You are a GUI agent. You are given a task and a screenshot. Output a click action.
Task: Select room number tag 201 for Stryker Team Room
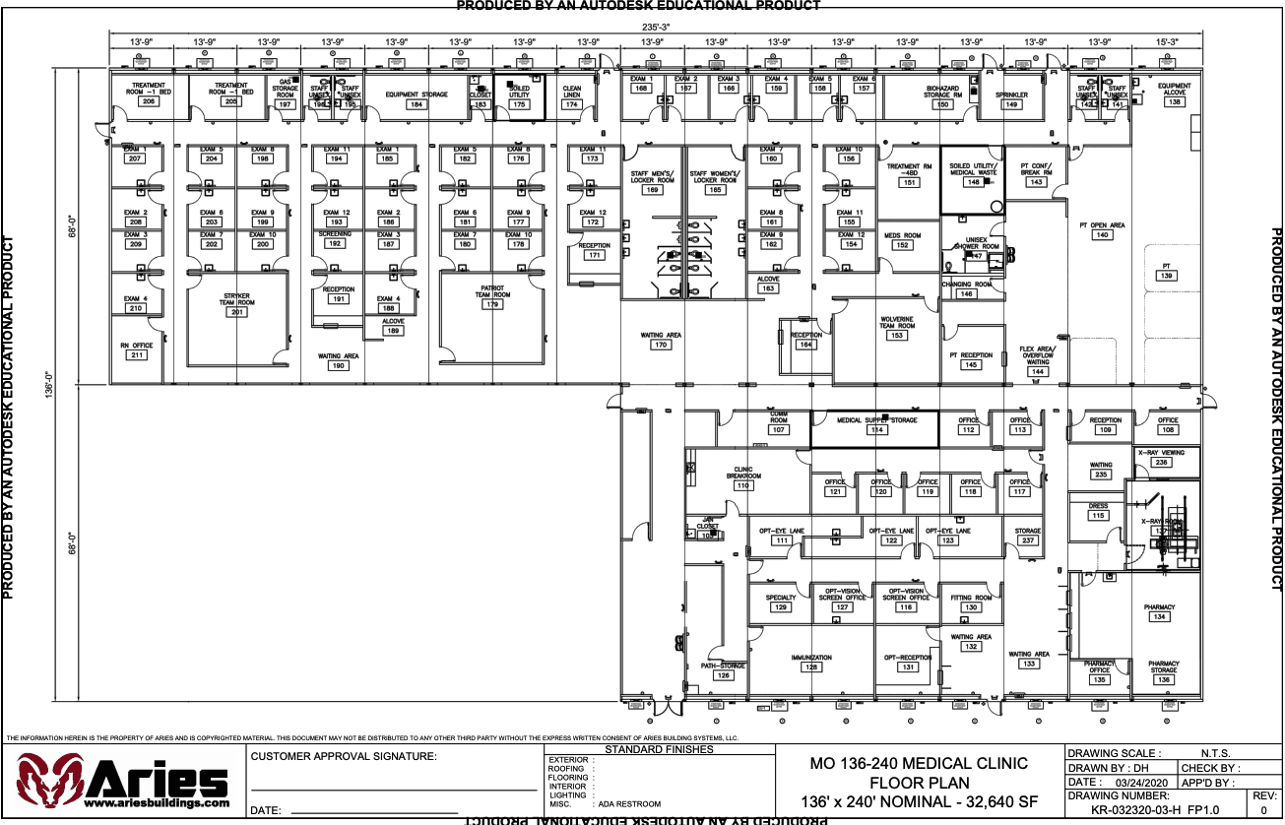(236, 312)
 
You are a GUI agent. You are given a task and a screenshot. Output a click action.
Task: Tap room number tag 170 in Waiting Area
(661, 346)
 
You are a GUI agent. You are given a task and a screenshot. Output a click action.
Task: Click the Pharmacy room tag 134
(1160, 617)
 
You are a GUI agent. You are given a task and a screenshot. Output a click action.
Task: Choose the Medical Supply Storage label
(876, 420)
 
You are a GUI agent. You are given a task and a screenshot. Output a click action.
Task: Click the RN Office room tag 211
(137, 354)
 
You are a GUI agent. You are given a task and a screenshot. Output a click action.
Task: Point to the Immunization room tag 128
(811, 667)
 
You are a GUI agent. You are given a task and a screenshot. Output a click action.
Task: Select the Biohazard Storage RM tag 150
(942, 104)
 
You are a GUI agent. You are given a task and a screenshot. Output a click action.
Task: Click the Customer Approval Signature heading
(344, 756)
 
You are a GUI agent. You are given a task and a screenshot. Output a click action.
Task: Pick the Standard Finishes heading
(659, 749)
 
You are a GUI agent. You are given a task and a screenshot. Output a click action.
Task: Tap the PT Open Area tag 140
(1102, 235)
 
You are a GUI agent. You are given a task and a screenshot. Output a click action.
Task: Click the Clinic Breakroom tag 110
(742, 485)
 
